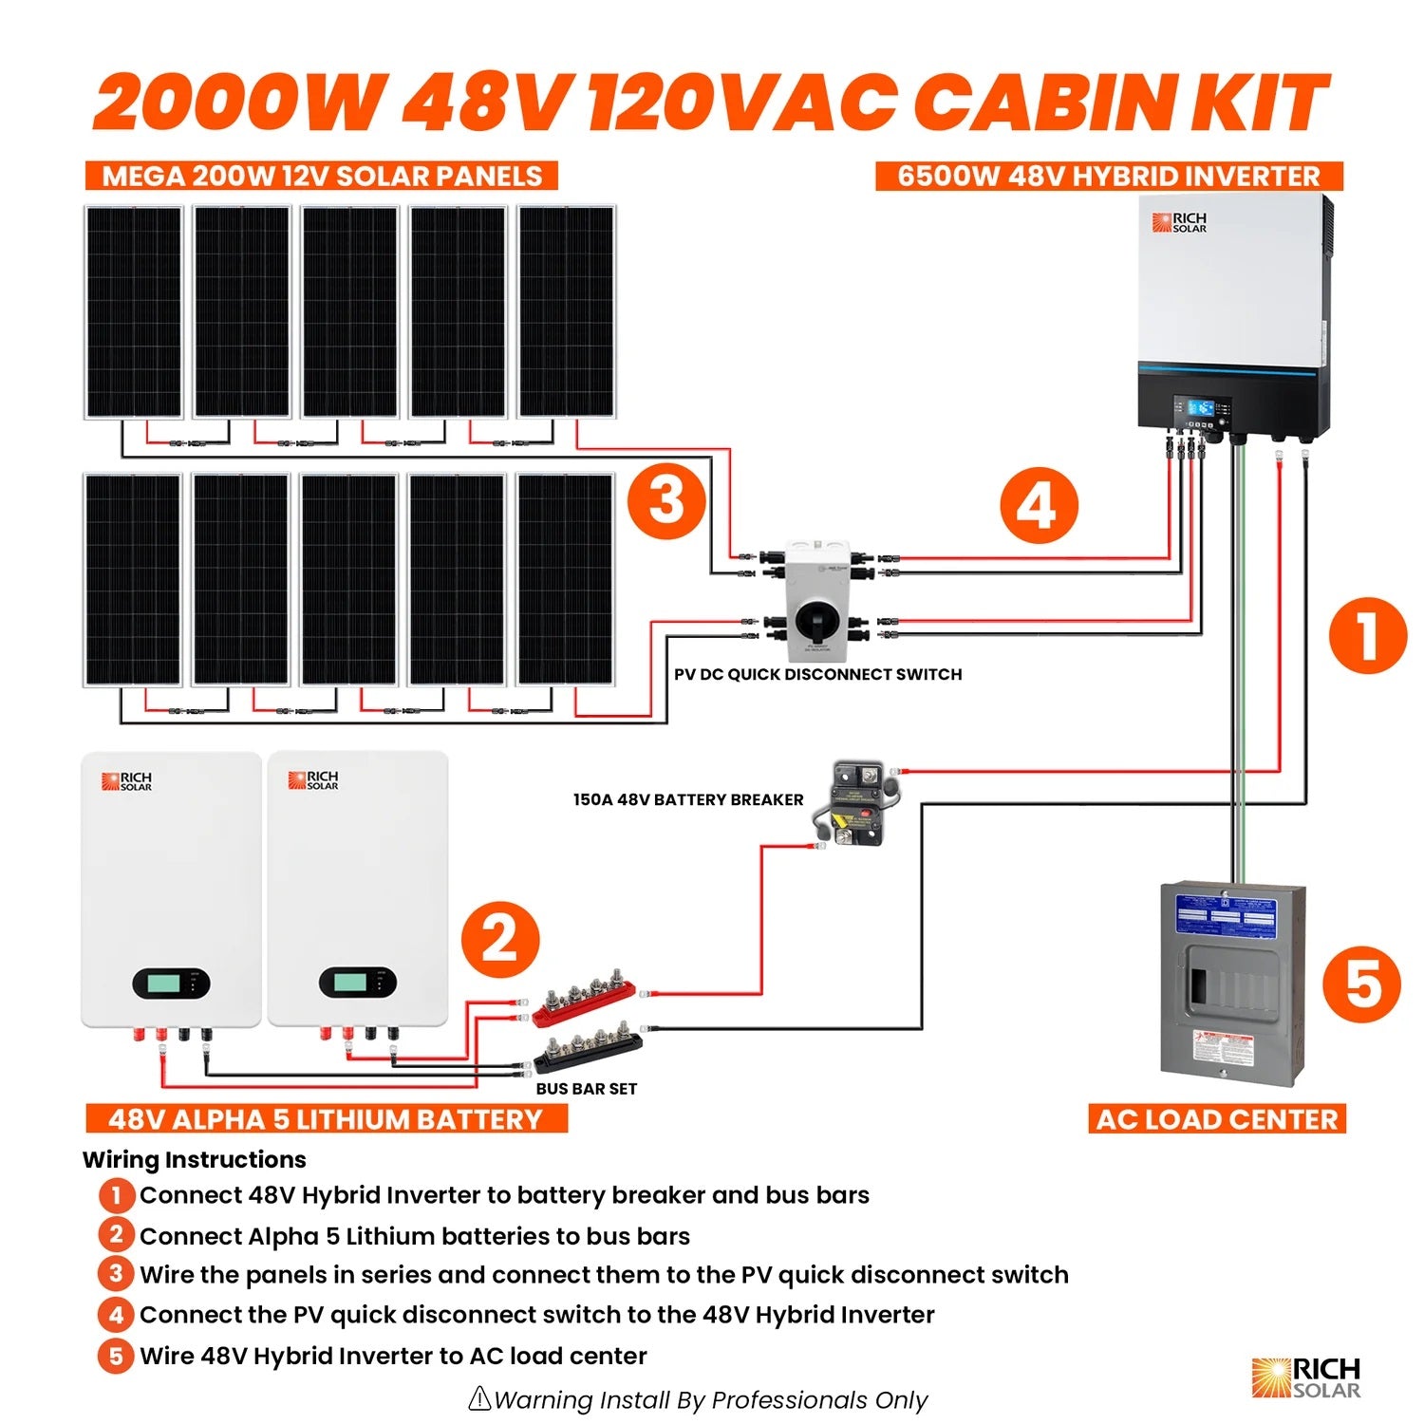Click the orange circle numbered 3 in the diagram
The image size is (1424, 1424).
[666, 499]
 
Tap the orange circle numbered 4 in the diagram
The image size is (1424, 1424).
[1039, 505]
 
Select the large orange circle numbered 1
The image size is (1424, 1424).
[1367, 635]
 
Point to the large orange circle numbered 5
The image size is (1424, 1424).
[1361, 984]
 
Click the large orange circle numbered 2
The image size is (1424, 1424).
[500, 941]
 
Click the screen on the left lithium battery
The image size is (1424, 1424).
[171, 983]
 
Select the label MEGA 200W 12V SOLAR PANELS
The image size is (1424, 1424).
[322, 177]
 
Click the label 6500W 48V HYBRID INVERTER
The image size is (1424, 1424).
[1108, 177]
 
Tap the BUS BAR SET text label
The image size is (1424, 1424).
[586, 1089]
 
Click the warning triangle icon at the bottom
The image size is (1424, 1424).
[480, 1398]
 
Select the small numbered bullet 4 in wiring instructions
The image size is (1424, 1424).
[116, 1315]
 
